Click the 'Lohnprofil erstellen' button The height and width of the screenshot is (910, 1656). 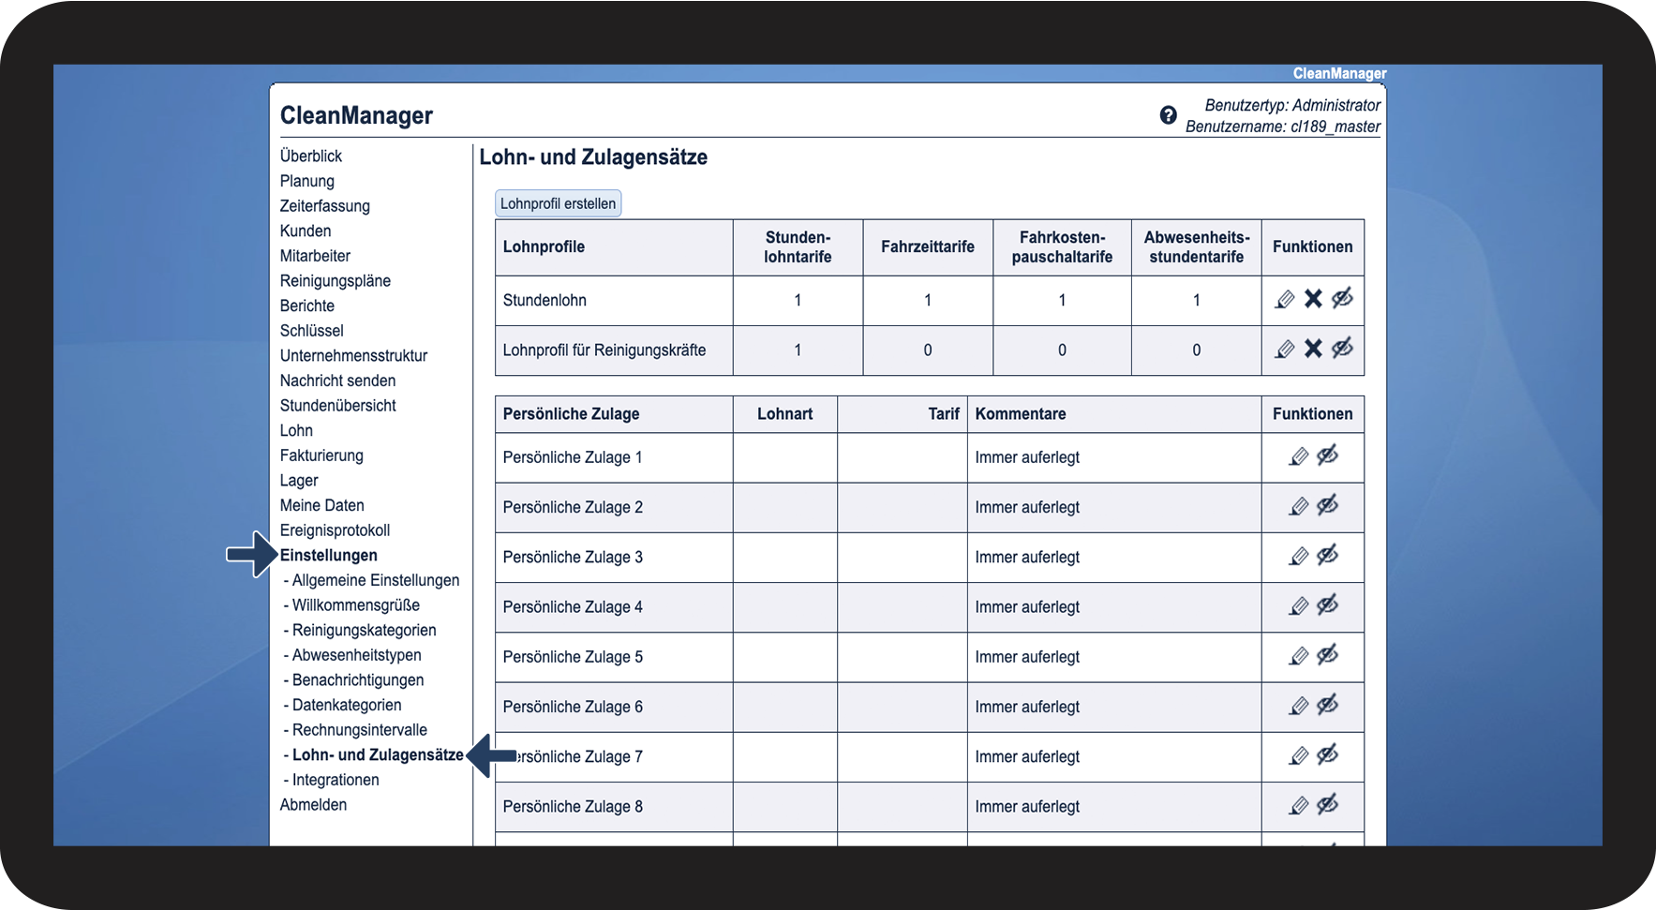558,203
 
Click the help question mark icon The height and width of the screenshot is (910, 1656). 1168,115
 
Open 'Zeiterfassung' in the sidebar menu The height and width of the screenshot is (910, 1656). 324,206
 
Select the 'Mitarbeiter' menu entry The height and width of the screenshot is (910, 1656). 315,256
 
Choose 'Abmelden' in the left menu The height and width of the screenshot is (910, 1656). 313,805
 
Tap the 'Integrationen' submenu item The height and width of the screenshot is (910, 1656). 336,780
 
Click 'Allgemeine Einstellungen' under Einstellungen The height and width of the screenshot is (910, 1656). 375,580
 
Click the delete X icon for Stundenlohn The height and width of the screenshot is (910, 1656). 1313,299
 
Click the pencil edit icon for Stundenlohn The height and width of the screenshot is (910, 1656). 1285,299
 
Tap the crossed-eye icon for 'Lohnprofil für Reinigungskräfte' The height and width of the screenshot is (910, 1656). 1342,349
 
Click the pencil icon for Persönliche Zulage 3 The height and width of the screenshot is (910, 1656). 1298,557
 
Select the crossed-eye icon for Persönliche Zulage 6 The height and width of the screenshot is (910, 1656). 1327,706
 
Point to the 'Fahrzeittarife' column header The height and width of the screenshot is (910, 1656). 927,246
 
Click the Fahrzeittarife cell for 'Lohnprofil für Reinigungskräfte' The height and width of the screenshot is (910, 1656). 927,351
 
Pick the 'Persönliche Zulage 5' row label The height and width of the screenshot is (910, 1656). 573,657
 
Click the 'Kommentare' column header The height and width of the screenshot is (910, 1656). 1020,414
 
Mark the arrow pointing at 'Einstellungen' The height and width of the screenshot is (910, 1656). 250,555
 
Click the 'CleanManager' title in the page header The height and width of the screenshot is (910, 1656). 356,115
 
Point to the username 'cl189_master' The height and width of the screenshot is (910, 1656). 1335,127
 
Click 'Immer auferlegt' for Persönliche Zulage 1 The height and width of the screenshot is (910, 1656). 1027,457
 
